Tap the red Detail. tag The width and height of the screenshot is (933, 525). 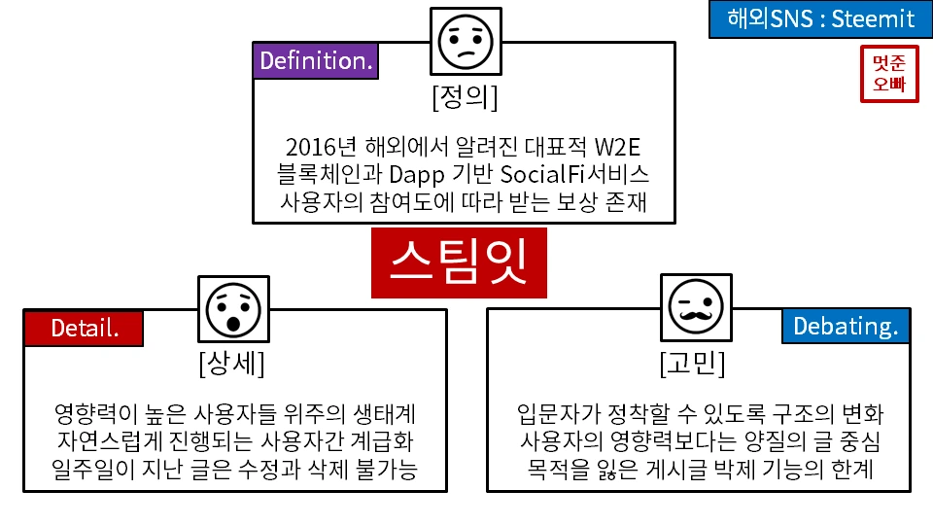coord(84,328)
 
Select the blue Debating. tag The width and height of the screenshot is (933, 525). coord(845,327)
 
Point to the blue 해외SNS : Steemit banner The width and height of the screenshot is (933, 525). coord(820,18)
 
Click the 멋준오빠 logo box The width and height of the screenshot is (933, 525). coord(888,74)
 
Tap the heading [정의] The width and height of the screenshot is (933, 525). coord(465,98)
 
